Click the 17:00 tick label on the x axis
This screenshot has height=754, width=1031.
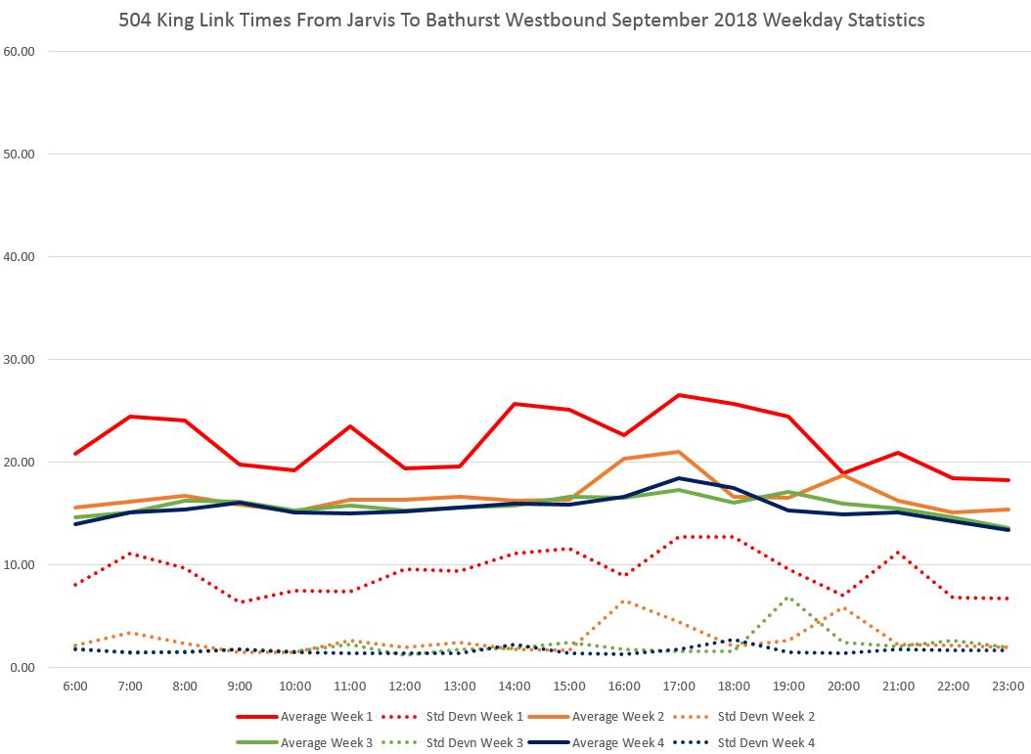(679, 687)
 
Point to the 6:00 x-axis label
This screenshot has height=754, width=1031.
(75, 687)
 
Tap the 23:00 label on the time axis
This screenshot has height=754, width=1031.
(1008, 687)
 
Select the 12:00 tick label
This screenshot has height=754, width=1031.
(405, 687)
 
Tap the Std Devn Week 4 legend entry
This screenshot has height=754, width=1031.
(765, 743)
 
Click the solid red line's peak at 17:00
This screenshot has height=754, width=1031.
(679, 395)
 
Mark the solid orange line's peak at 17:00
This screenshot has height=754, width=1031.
(679, 452)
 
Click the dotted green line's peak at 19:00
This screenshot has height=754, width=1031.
(788, 598)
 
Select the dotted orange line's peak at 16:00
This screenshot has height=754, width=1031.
(624, 601)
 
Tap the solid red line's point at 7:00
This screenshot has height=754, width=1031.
(130, 417)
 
